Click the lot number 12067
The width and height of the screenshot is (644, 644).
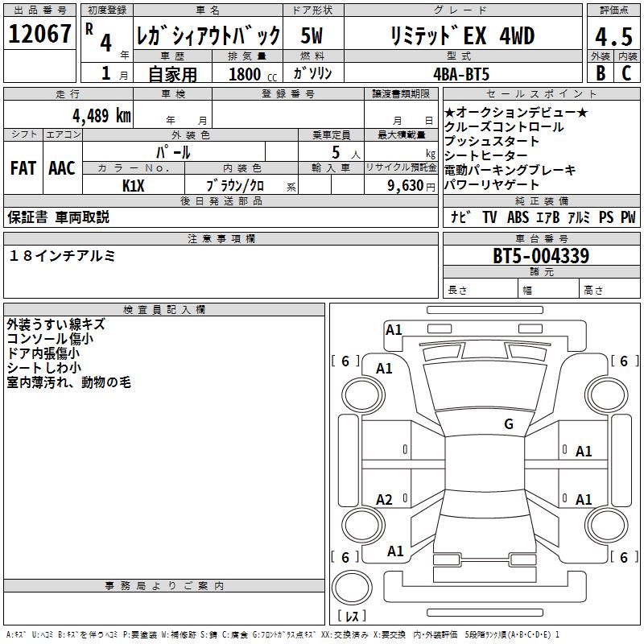point(39,35)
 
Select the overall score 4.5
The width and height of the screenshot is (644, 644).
point(611,36)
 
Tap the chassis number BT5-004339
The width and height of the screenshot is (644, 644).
point(541,257)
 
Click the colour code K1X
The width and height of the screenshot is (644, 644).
point(134,185)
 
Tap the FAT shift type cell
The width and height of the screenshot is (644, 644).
point(23,169)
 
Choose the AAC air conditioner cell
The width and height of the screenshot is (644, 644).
point(62,169)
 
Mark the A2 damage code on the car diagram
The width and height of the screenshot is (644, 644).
point(385,500)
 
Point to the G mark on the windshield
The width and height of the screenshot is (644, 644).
point(508,424)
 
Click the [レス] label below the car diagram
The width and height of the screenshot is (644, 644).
point(352,617)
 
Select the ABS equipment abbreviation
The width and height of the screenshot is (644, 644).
point(519,217)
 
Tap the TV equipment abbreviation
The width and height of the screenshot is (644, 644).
point(489,217)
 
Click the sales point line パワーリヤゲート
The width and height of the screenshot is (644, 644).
point(492,185)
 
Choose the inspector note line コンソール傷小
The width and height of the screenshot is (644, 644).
point(49,339)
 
